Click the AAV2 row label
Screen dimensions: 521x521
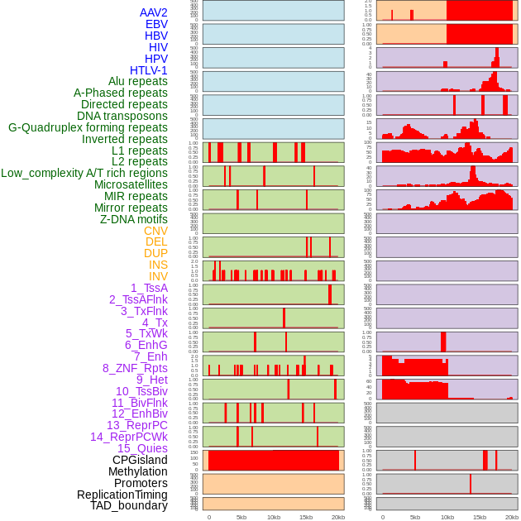pos(154,12)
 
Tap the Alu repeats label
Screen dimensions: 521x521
pos(138,81)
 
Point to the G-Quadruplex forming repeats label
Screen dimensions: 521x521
pos(88,127)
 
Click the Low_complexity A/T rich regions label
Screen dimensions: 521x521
pos(84,173)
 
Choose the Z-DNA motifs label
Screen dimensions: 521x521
pos(134,219)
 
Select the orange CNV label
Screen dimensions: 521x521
pos(155,231)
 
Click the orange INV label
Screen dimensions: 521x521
pos(158,276)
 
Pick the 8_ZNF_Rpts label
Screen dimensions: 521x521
pos(135,368)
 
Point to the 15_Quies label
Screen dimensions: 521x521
pos(142,448)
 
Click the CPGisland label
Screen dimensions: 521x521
pos(140,460)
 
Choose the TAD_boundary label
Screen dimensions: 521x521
pos(129,505)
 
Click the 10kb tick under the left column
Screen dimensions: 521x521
pos(273,517)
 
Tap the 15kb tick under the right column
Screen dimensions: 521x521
pos(480,517)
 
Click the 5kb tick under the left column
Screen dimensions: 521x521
pos(241,517)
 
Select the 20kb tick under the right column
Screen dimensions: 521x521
pos(512,517)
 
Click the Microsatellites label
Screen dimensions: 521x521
pos(131,184)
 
